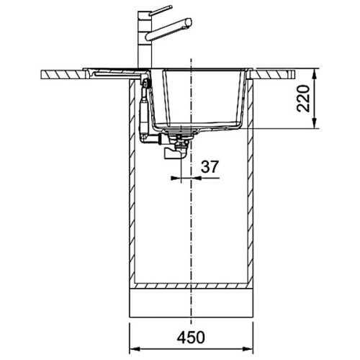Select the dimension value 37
(x=210, y=167)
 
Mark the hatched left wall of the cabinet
(x=132, y=180)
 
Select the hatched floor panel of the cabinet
(x=190, y=285)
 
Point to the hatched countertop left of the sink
(x=65, y=73)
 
